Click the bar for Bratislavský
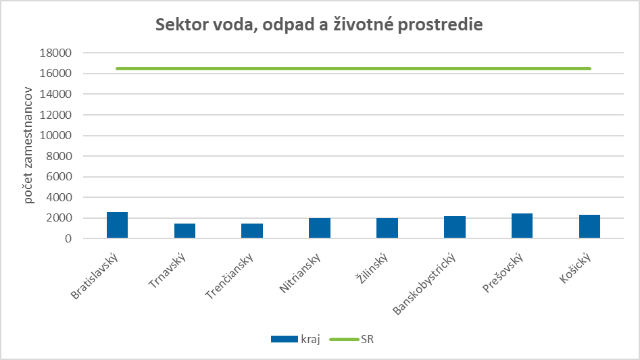[117, 226]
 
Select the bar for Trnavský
[184, 231]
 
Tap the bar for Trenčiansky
[252, 231]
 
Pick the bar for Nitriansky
[320, 228]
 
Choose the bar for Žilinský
[387, 228]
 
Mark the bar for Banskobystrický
[455, 228]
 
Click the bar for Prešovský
[522, 226]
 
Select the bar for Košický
[589, 227]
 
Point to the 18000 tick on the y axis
[57, 53]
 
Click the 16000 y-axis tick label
[57, 74]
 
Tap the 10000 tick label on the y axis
[57, 136]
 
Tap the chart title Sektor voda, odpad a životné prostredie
[319, 25]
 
